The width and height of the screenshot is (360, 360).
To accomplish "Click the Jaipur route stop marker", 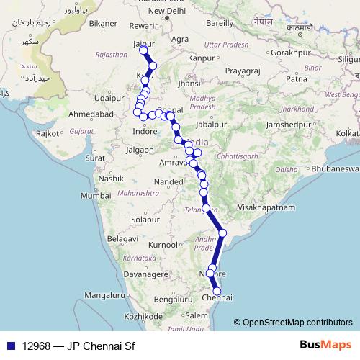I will pyautogui.click(x=143, y=50).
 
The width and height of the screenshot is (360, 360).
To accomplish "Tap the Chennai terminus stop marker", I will pyautogui.click(x=217, y=292).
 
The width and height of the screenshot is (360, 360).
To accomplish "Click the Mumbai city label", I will pyautogui.click(x=95, y=196).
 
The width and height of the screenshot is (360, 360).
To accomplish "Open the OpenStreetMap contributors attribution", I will pyautogui.click(x=297, y=323).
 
